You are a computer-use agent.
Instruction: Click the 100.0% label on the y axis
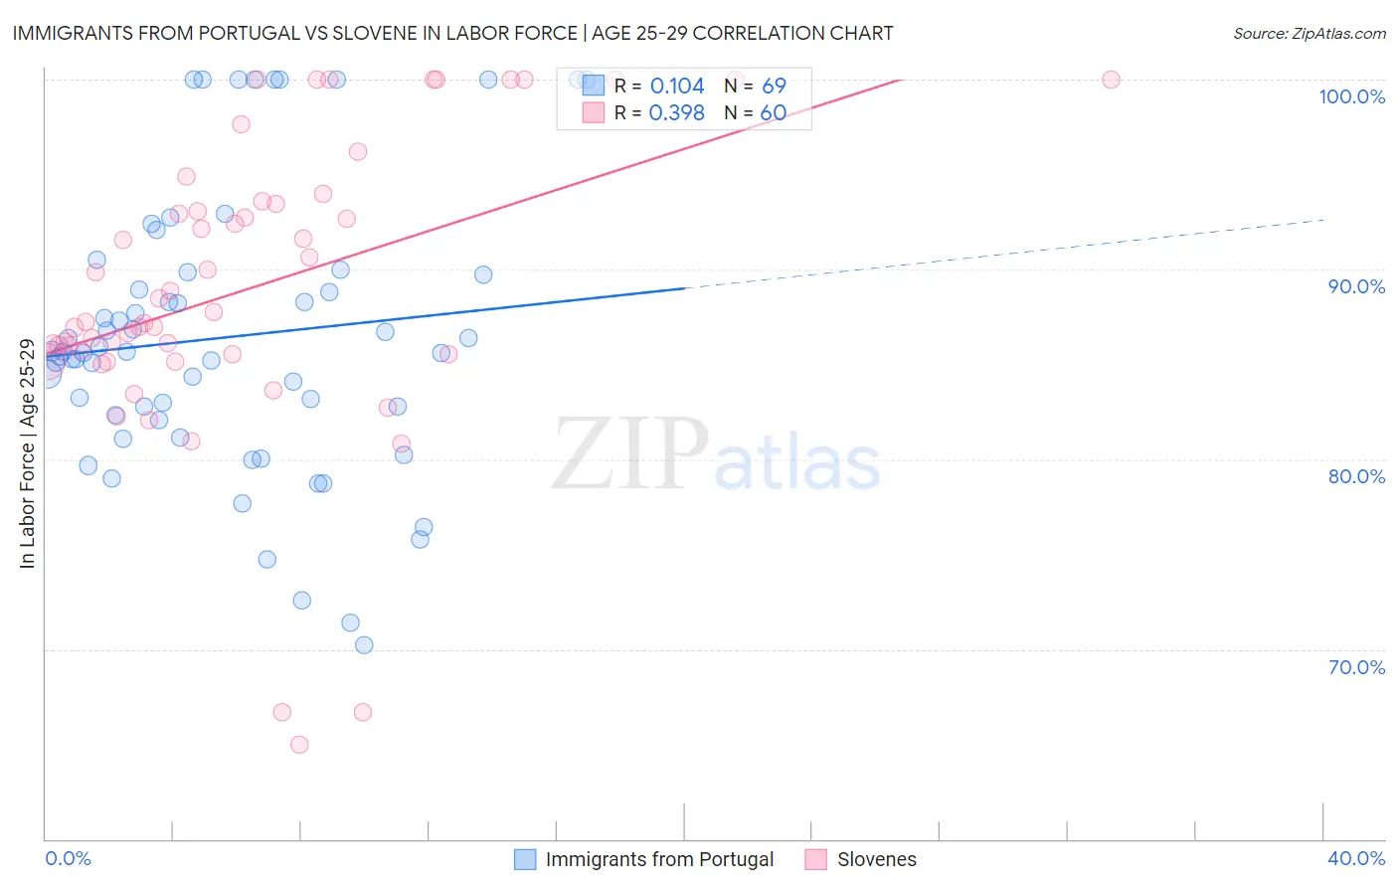tap(1351, 96)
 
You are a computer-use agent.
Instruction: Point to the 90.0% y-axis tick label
tap(1356, 286)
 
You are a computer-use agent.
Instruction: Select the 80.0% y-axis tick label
tap(1356, 476)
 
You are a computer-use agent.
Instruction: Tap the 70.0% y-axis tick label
tap(1356, 667)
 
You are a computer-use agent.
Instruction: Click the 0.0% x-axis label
tap(68, 858)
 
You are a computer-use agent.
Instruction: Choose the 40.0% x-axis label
tap(1356, 858)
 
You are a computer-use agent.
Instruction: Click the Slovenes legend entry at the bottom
tap(876, 859)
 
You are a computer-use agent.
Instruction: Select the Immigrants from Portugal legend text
tap(659, 859)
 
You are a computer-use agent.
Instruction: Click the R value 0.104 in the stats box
tap(676, 87)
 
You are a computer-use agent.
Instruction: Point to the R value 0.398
tap(676, 113)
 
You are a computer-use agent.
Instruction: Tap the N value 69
tap(774, 87)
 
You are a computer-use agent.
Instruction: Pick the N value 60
tap(774, 113)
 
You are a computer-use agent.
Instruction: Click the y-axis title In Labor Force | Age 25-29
tap(27, 453)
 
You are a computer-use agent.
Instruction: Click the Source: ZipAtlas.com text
tap(1309, 34)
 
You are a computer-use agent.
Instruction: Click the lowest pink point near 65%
tap(299, 745)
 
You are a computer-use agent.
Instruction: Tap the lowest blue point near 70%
tap(364, 645)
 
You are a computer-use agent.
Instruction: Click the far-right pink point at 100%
tap(1111, 80)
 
